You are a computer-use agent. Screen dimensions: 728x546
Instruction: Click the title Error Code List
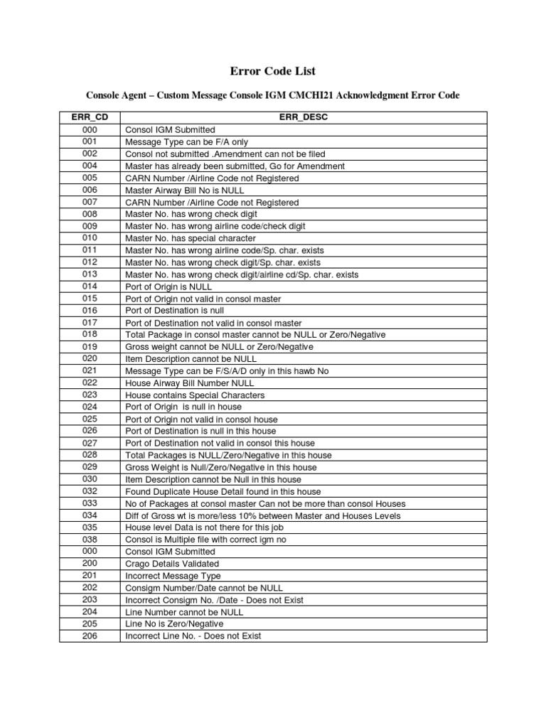273,71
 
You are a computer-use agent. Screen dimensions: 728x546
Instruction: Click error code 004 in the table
90,166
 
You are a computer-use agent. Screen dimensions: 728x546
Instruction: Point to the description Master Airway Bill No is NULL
185,190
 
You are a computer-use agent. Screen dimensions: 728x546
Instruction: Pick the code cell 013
90,274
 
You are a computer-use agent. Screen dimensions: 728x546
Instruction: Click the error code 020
90,358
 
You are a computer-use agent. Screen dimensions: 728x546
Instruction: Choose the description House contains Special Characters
195,395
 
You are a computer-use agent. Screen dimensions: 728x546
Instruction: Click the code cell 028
90,454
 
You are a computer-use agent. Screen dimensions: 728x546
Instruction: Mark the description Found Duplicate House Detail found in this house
223,491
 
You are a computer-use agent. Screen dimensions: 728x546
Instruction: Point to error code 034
90,515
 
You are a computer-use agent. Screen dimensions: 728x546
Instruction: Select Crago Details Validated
172,563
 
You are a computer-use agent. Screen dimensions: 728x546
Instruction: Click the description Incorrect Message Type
173,575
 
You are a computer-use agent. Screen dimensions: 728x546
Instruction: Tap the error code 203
90,599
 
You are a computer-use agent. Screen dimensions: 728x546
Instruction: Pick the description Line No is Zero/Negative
176,623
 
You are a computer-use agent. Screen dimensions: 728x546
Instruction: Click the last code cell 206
90,636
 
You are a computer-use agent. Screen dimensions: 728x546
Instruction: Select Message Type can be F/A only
186,142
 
